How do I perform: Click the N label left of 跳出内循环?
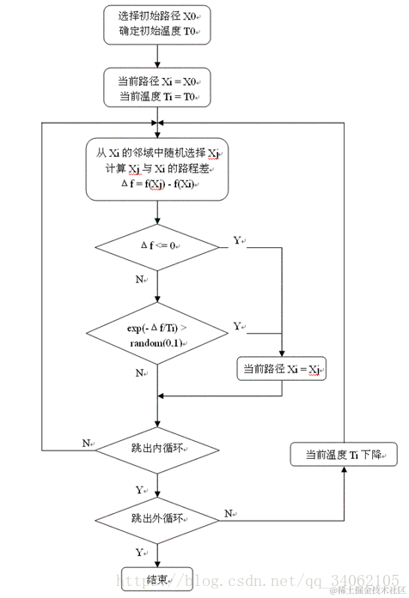(86, 442)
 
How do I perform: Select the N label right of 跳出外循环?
(229, 513)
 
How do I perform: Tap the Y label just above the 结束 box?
(139, 553)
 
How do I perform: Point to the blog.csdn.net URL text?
(258, 580)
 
